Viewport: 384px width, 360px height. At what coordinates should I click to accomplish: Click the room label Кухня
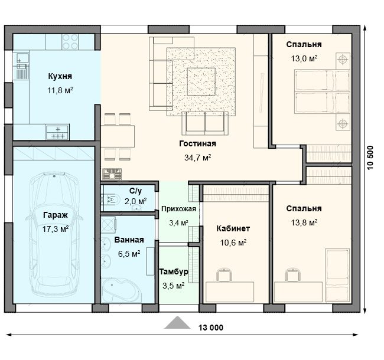[60, 76]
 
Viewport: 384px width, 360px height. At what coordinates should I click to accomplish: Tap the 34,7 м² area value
[198, 158]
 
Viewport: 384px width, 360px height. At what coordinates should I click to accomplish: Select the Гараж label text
[56, 215]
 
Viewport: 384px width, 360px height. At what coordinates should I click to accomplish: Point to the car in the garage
[54, 234]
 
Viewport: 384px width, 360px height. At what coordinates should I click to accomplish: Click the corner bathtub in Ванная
[121, 290]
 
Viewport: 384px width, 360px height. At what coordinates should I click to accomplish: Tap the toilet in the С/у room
[112, 199]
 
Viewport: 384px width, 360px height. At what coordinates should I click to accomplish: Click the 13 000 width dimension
[211, 328]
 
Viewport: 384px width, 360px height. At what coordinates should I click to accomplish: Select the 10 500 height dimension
[370, 158]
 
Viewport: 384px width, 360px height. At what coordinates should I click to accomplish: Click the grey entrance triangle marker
[177, 323]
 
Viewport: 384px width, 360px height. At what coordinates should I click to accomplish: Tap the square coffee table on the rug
[201, 81]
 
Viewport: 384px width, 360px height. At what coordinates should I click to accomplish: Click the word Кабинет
[233, 228]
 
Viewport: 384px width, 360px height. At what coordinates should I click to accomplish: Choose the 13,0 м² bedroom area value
[304, 58]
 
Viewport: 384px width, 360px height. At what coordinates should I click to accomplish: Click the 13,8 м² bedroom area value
[304, 223]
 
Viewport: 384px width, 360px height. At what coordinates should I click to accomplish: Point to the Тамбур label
[174, 271]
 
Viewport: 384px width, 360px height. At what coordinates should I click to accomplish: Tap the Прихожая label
[179, 209]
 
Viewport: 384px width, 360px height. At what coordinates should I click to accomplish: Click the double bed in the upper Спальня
[322, 91]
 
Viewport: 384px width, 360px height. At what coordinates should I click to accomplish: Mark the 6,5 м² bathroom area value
[129, 254]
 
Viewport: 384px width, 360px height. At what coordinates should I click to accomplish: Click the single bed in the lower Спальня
[337, 276]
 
